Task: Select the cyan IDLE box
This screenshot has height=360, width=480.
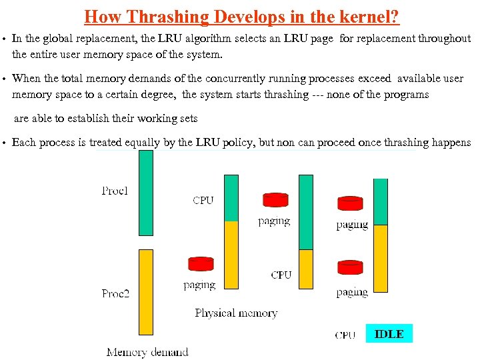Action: coord(389,334)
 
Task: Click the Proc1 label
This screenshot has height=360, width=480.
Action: coord(115,191)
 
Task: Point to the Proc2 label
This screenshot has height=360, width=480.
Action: coord(115,293)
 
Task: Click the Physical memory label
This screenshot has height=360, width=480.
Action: coord(236,313)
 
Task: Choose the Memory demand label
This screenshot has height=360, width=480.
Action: coord(147,352)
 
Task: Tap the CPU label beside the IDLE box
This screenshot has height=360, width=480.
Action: coord(345,335)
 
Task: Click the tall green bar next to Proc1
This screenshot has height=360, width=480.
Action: coord(145,193)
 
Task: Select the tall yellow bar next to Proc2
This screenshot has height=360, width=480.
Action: coord(145,292)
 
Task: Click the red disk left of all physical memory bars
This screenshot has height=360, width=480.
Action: coord(200,265)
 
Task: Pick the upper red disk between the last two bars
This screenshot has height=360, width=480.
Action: coord(350,203)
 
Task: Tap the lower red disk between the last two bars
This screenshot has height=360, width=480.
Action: coord(350,268)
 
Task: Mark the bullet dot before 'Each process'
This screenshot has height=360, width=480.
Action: coord(5,143)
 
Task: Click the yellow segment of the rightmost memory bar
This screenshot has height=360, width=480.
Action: coord(381,259)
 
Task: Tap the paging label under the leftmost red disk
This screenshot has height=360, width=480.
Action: coord(199,285)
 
